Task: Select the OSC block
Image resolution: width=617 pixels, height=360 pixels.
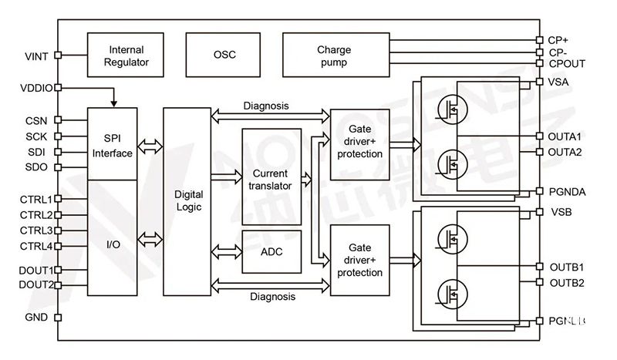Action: [x=224, y=56]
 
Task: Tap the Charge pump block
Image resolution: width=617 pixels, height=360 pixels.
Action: [x=333, y=56]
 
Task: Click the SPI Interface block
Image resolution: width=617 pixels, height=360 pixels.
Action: [x=113, y=144]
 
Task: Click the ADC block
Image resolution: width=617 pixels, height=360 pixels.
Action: [x=271, y=251]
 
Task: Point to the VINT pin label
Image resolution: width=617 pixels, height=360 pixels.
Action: [x=36, y=56]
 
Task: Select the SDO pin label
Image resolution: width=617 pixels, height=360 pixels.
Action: [x=36, y=167]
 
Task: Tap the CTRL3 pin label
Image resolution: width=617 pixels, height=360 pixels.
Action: [x=36, y=230]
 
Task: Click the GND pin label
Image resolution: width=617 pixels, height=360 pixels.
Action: [x=36, y=317]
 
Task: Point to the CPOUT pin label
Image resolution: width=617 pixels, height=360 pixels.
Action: [x=567, y=65]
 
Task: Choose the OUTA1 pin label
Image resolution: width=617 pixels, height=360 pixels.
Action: [x=565, y=136]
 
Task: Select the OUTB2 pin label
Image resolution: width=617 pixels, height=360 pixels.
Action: [x=566, y=282]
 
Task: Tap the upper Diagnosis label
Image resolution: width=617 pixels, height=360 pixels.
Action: [x=266, y=106]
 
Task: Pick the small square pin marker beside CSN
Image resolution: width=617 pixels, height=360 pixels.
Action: [x=59, y=120]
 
